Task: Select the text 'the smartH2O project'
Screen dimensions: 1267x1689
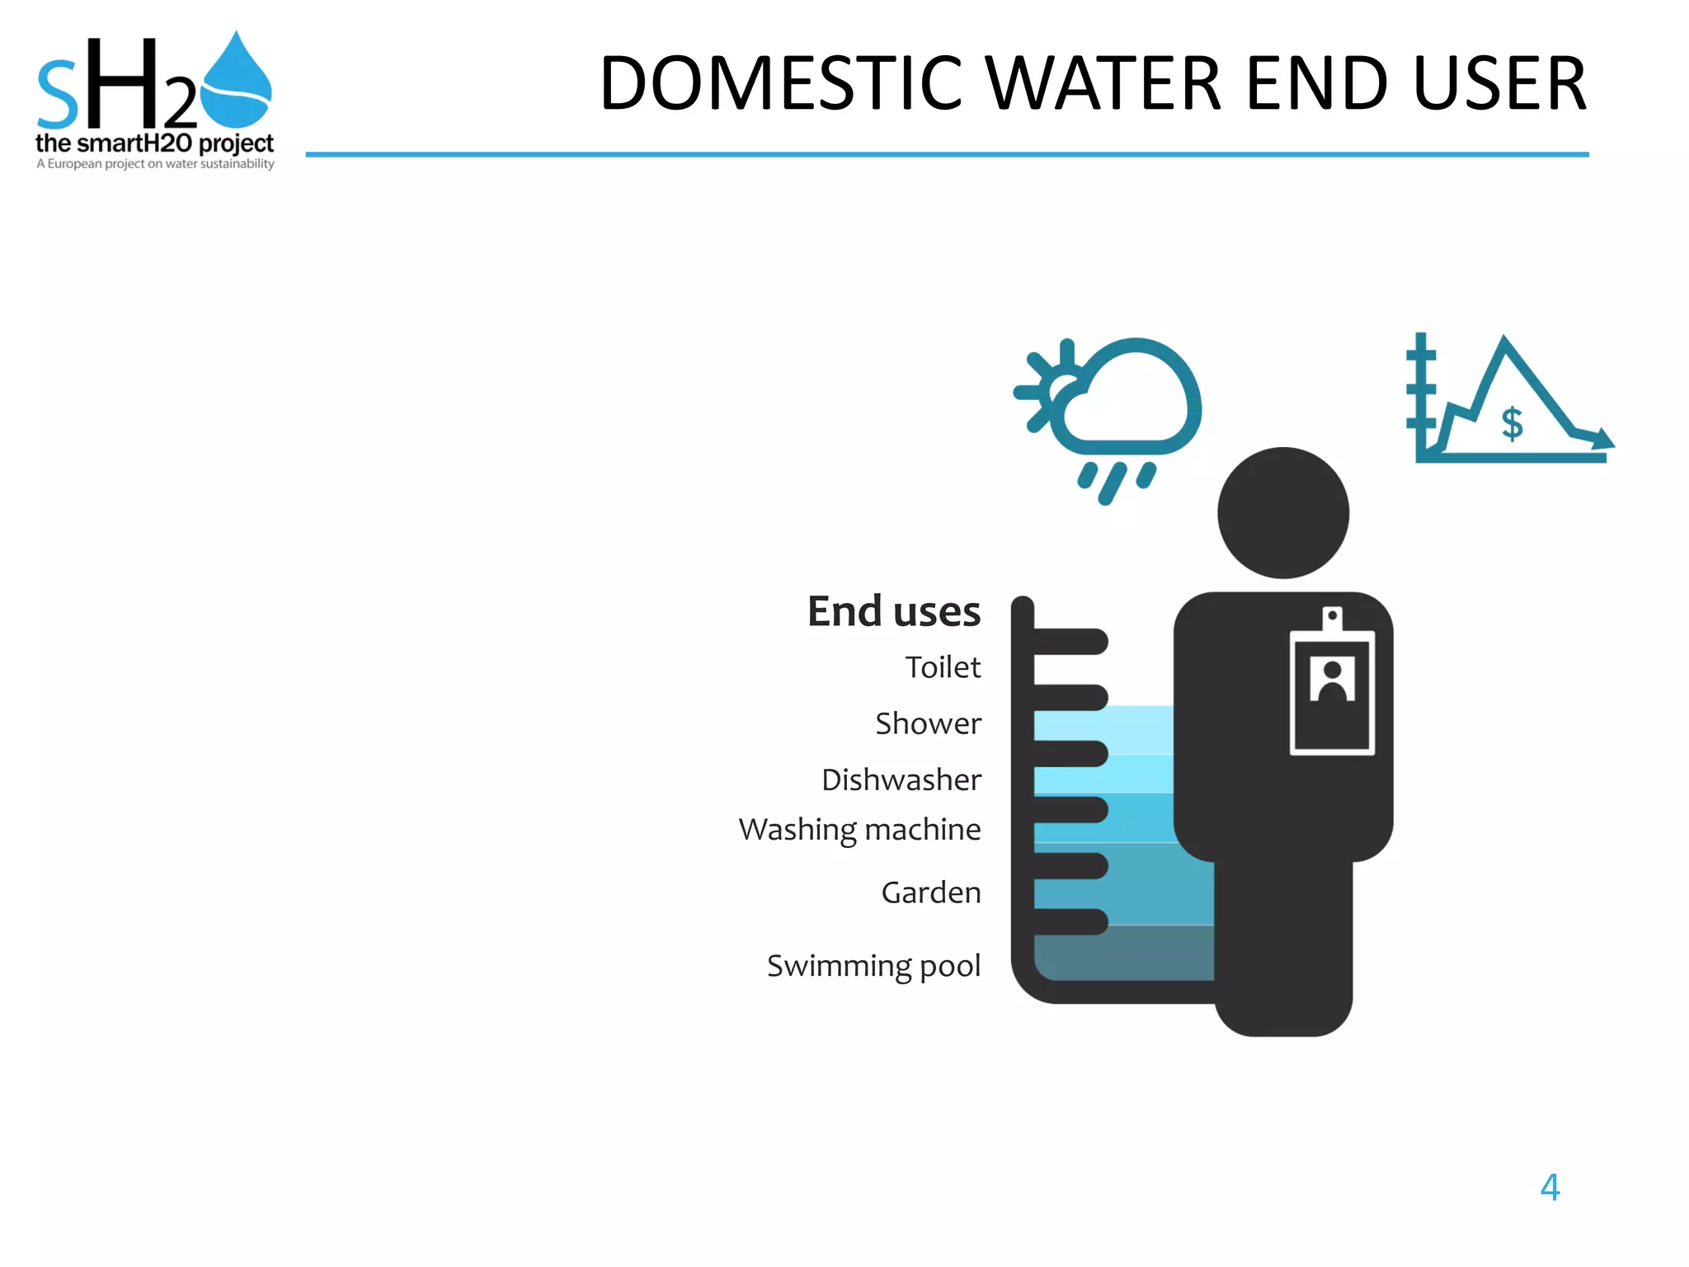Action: point(154,144)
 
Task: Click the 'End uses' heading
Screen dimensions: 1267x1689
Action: point(893,611)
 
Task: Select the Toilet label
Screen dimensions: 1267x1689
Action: point(943,667)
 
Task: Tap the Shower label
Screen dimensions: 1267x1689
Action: point(928,723)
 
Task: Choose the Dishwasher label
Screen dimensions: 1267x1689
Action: point(901,780)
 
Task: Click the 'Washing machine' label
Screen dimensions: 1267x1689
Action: point(859,829)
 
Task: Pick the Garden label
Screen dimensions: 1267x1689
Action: point(930,893)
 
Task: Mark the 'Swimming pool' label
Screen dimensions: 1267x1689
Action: point(873,965)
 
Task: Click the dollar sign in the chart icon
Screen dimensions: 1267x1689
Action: point(1512,424)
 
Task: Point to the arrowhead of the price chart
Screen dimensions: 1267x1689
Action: point(1602,439)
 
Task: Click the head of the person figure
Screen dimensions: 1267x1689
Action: point(1282,513)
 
